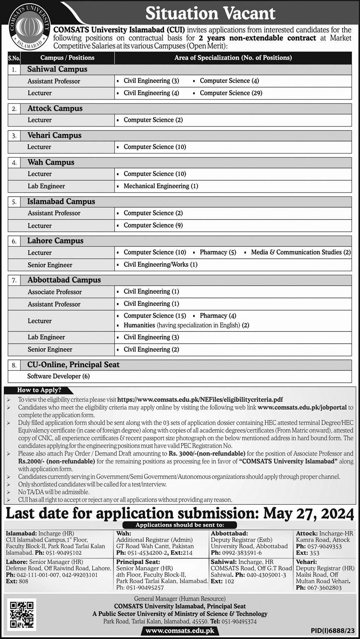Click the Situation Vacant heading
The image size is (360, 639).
pos(210,13)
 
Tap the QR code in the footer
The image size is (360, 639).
pos(22,614)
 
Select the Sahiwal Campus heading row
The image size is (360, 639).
pos(57,69)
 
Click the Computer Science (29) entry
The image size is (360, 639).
pos(231,93)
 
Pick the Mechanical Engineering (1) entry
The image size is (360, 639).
pos(161,186)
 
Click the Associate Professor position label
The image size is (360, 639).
pos(55,292)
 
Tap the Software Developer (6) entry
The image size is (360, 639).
pos(58,376)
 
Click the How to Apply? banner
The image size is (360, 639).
pos(39,390)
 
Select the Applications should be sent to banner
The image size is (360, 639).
pos(180,525)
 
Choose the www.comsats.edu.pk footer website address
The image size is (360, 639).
pos(180,631)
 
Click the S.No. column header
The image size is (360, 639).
pos(13,58)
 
